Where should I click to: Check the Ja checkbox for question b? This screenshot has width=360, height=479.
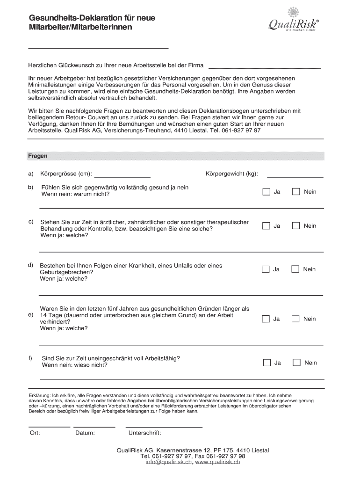point(266,192)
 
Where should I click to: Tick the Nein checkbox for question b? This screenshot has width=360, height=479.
point(296,192)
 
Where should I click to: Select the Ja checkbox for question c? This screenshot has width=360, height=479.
point(266,226)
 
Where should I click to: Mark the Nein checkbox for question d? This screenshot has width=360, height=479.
point(295,269)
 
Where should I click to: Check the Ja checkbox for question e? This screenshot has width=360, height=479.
point(266,319)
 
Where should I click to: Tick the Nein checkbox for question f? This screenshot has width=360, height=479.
point(296,363)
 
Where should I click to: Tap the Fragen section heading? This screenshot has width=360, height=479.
point(37,156)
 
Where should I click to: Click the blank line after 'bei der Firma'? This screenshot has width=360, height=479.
point(264,68)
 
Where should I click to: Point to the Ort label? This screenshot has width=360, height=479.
point(35,433)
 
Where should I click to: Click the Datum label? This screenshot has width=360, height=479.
point(85,433)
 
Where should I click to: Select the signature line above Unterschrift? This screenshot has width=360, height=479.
point(164,427)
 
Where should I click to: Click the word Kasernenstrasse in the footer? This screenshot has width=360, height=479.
point(179,450)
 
